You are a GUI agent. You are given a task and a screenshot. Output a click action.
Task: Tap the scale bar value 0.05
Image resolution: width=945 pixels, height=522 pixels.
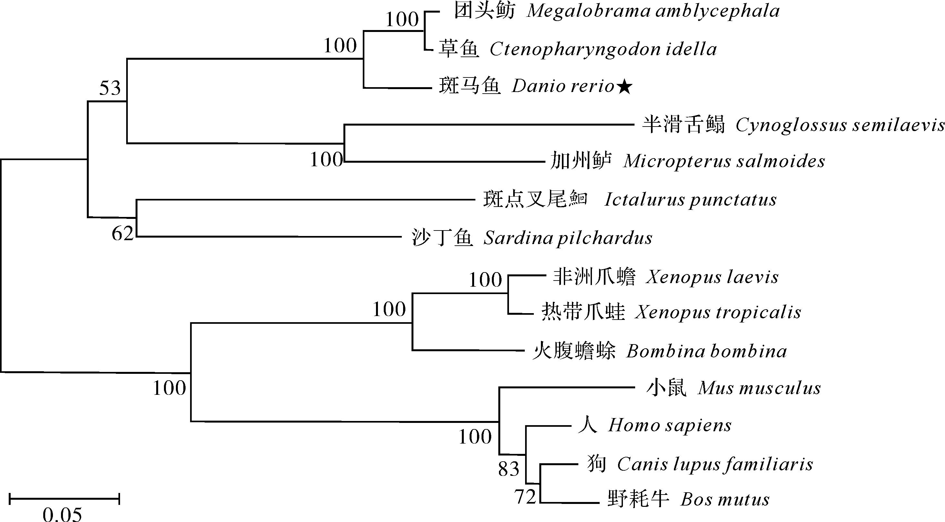tap(62, 514)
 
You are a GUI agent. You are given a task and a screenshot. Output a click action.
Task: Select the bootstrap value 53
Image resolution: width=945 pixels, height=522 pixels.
tap(110, 88)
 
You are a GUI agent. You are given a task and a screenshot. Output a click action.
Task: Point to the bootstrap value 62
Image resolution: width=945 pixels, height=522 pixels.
tap(123, 233)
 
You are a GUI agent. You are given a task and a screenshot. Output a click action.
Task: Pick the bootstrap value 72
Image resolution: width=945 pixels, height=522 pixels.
tap(525, 497)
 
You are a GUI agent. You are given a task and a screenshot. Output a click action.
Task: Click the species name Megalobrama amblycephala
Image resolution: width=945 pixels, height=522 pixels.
tap(653, 11)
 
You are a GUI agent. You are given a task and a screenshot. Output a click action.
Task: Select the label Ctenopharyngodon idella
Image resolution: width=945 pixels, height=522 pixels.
tap(603, 49)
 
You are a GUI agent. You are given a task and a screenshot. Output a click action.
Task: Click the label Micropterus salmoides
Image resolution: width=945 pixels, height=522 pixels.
tap(724, 161)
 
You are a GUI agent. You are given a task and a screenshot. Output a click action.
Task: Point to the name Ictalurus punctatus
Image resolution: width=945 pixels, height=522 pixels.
tap(690, 200)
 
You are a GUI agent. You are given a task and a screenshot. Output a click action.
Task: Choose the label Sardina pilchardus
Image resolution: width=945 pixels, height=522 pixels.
tap(568, 238)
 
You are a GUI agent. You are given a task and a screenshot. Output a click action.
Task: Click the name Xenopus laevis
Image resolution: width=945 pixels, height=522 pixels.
tap(712, 277)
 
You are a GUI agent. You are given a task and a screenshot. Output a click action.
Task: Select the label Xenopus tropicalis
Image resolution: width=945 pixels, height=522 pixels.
tap(718, 312)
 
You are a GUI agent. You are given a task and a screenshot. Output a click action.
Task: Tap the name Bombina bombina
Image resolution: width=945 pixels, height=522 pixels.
tap(706, 352)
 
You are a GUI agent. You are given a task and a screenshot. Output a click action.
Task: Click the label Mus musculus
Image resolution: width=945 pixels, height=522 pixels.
tap(759, 388)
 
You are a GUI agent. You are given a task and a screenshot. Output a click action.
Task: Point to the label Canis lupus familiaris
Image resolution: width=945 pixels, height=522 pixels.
tap(715, 465)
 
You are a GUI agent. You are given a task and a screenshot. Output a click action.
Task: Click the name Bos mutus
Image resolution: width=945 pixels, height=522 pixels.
tap(725, 500)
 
